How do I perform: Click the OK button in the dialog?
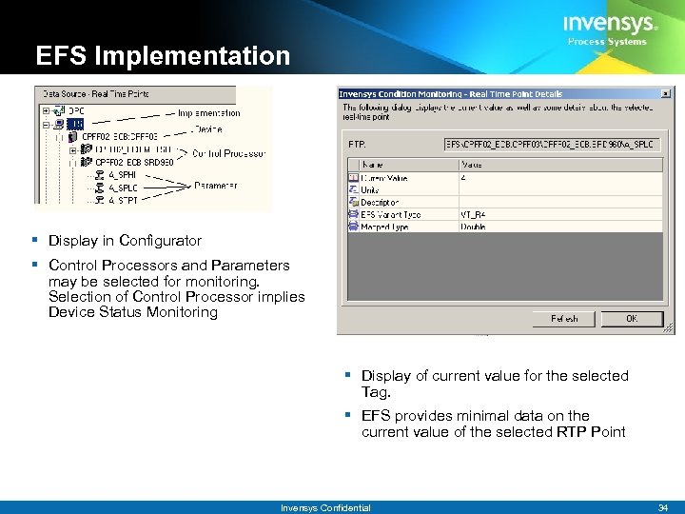click(x=632, y=319)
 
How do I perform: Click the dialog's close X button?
click(x=667, y=93)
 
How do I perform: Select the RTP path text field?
click(x=553, y=145)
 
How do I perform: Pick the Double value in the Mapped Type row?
click(x=474, y=227)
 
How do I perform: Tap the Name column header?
click(x=372, y=165)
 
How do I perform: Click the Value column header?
click(x=472, y=165)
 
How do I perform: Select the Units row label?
click(x=370, y=189)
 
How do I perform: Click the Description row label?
click(x=379, y=202)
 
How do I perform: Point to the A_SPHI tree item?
click(x=122, y=174)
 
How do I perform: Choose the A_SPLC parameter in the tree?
click(x=123, y=188)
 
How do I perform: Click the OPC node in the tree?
click(x=76, y=109)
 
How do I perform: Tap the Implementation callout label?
click(x=209, y=112)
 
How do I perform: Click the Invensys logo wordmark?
click(x=608, y=24)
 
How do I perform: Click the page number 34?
click(x=662, y=507)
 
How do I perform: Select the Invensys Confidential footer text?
click(x=325, y=507)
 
